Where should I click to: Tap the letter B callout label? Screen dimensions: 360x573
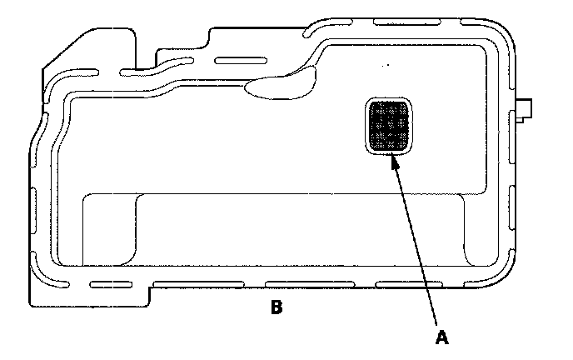coord(277,307)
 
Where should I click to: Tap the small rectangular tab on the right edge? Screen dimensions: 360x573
coord(526,109)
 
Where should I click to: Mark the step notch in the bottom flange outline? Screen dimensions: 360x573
coord(151,289)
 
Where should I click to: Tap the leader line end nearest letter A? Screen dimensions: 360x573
coord(435,322)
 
